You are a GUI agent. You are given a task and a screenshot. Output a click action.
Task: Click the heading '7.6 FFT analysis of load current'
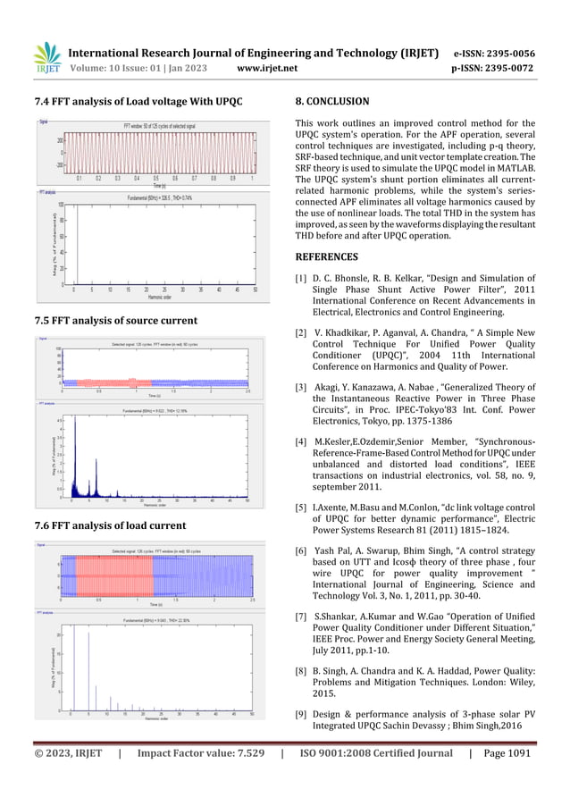click(110, 525)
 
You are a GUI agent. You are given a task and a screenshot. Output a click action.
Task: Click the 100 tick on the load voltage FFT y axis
click(60, 205)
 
